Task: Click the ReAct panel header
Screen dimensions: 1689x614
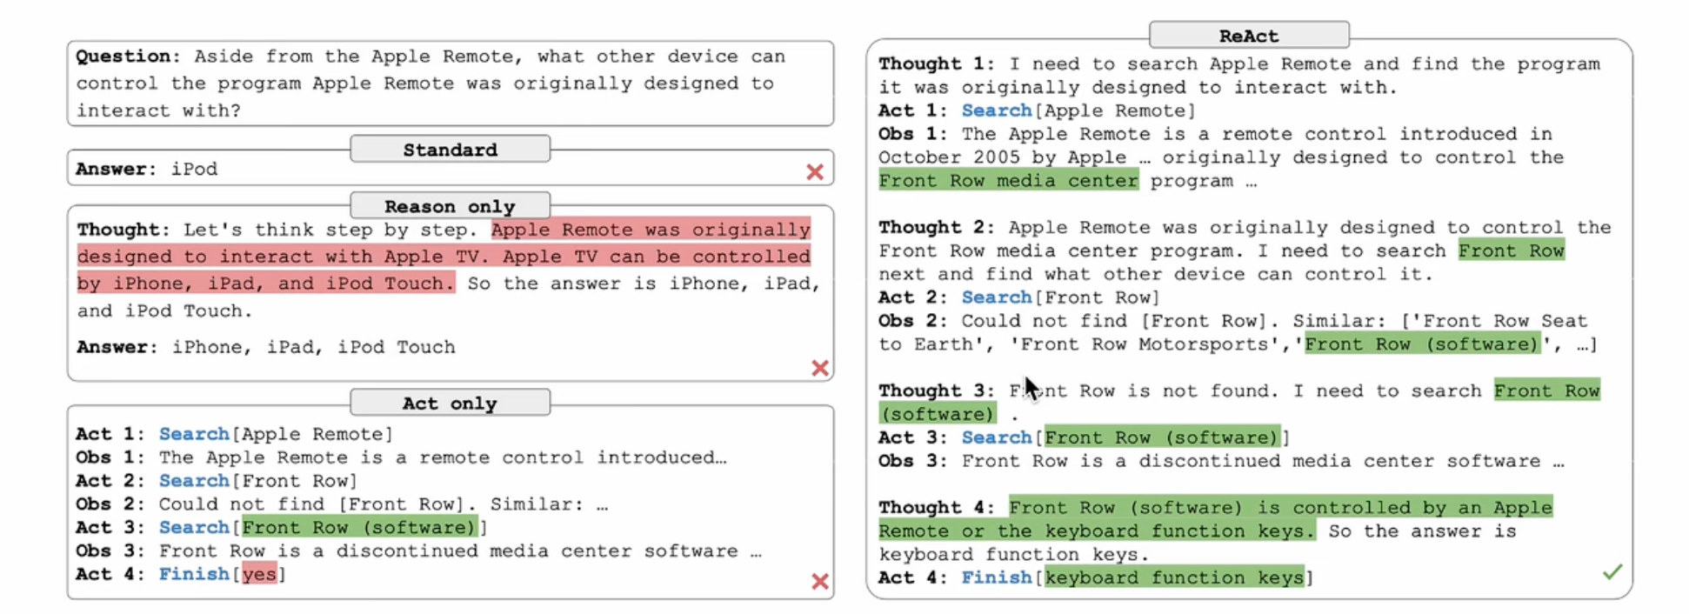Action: point(1249,35)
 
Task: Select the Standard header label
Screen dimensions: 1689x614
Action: point(450,150)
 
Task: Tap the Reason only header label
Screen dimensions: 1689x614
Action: point(450,206)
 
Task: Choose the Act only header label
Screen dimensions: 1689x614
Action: point(450,404)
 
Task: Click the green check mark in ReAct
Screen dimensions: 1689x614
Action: point(1612,571)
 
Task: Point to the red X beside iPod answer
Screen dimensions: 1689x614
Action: point(815,171)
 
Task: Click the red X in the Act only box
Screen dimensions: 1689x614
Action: point(819,581)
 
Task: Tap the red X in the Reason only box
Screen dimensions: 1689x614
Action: point(819,368)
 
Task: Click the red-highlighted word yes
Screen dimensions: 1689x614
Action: point(259,574)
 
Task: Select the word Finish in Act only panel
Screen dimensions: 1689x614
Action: point(194,574)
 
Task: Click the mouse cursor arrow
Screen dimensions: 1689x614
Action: point(1031,389)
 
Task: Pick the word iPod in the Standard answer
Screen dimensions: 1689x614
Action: point(194,169)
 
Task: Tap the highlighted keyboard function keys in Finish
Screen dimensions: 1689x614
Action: point(1174,577)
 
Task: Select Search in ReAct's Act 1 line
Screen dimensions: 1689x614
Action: point(996,110)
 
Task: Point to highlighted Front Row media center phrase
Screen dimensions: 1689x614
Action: point(1008,181)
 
